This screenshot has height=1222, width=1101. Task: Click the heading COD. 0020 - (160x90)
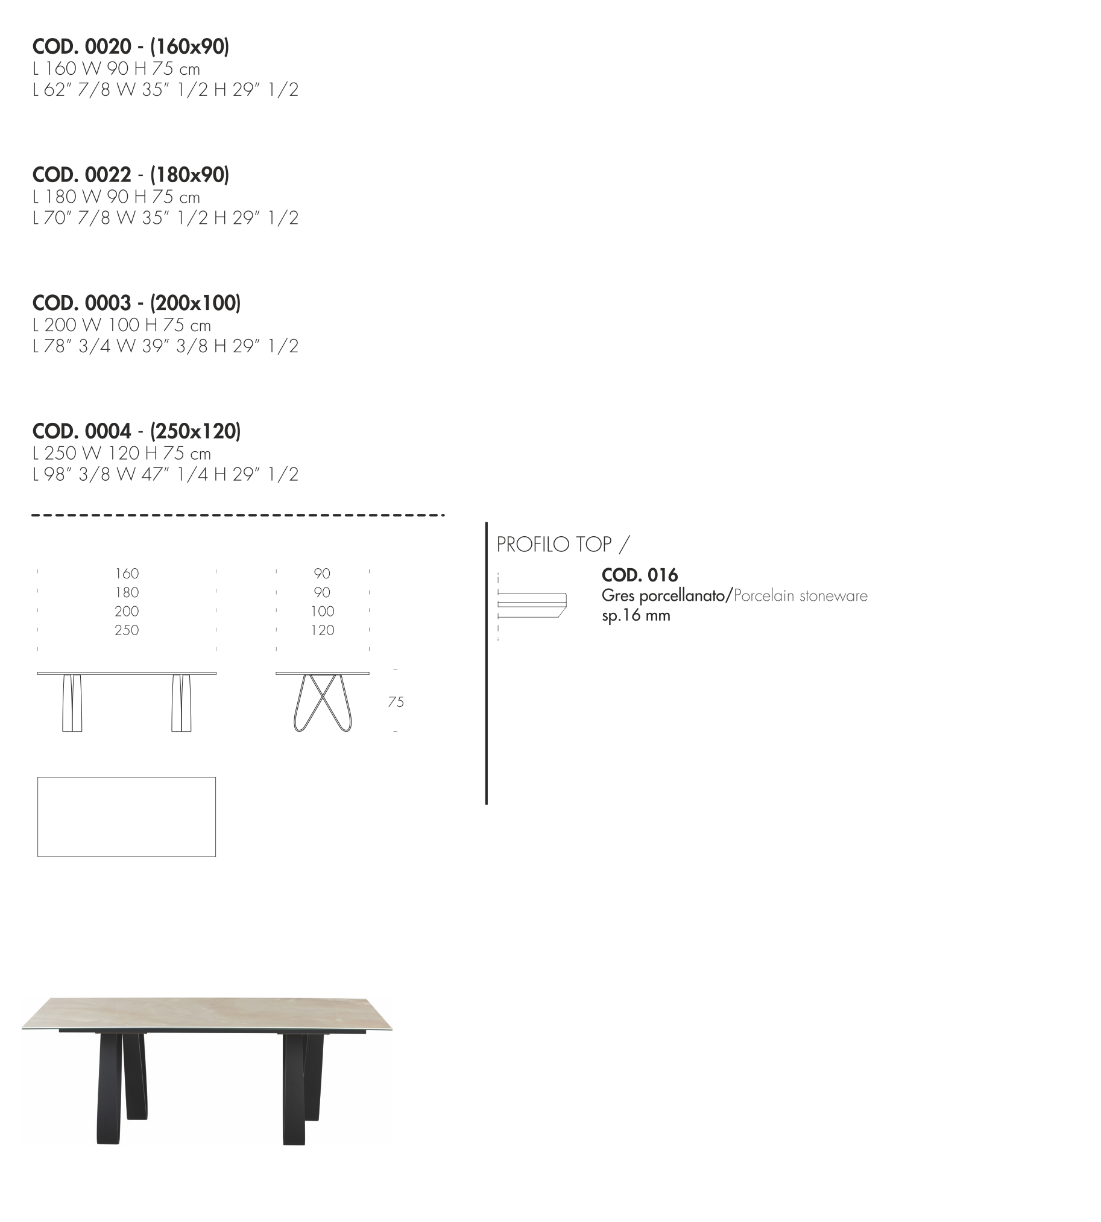point(131,46)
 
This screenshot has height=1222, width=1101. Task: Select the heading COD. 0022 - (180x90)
point(131,175)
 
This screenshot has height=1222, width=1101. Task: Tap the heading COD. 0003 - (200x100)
point(137,303)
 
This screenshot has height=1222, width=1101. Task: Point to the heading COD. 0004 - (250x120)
point(137,431)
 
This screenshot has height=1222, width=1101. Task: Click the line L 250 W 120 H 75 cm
point(122,454)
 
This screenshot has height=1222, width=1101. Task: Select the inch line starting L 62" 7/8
point(166,90)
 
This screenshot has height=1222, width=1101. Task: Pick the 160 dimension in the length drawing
point(127,573)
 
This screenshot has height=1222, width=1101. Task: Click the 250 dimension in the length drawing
point(127,630)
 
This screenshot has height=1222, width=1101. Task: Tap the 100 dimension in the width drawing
point(323,612)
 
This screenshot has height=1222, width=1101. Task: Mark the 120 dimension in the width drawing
point(323,630)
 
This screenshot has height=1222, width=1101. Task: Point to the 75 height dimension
point(396,702)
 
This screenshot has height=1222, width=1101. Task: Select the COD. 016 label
point(639,575)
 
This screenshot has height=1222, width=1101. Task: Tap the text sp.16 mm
point(636,616)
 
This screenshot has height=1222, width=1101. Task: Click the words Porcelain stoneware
point(800,595)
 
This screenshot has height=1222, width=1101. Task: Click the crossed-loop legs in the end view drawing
point(323,703)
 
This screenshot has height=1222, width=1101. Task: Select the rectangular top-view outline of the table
point(127,777)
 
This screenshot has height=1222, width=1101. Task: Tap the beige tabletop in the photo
point(207,1013)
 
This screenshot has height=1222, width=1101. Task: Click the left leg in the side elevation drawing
point(72,703)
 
